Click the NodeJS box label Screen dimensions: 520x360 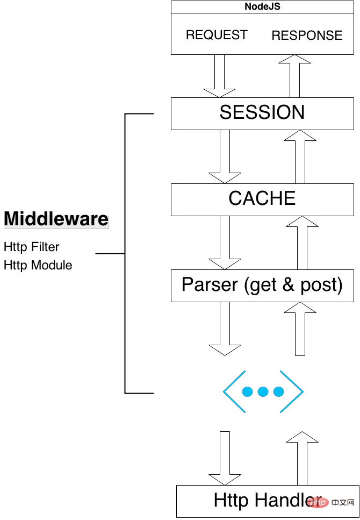pos(262,6)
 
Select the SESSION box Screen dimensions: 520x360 pos(262,113)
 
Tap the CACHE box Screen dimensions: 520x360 pos(262,199)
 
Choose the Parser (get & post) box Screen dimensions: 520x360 pos(262,285)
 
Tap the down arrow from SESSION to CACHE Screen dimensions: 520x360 pos(225,156)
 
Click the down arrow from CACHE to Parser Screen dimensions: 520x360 pos(225,242)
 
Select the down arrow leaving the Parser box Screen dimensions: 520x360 pos(225,329)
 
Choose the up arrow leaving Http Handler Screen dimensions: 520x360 pos(302,457)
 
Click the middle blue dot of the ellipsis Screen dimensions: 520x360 pos(263,391)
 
